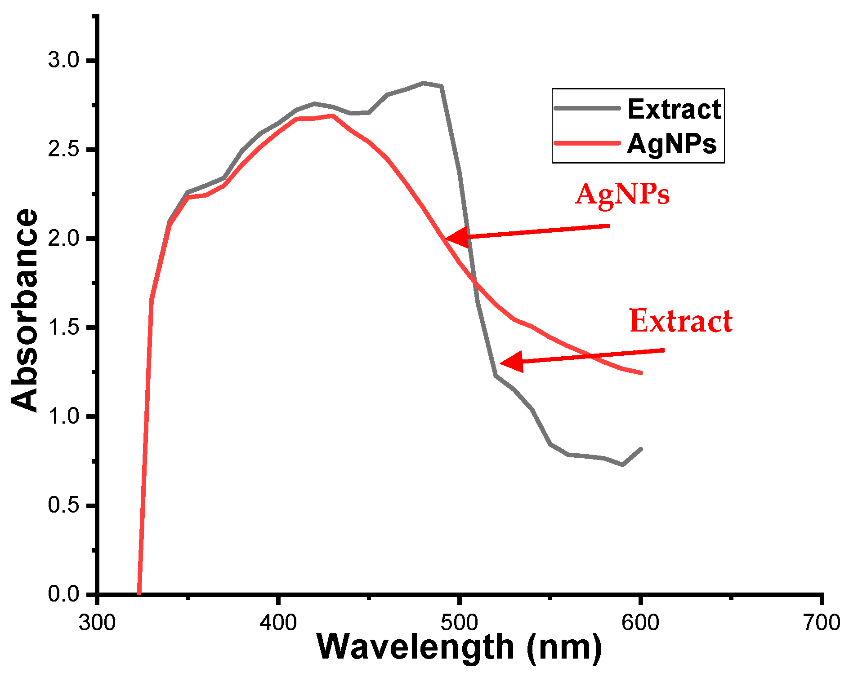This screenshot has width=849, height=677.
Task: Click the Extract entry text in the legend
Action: pos(674,109)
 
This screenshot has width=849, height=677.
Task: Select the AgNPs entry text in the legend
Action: pos(672,144)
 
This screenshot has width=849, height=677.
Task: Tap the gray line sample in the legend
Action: pos(587,108)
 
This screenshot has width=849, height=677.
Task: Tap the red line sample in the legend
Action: pos(587,143)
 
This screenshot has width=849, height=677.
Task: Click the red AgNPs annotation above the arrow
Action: pos(622,195)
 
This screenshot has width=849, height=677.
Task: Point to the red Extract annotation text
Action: pos(681,321)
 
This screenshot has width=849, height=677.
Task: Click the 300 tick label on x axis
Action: pos(97,623)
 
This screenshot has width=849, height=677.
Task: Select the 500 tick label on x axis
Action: pos(459,623)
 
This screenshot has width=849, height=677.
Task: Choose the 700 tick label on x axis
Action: pos(821,623)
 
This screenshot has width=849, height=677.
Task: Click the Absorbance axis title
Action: pos(25,310)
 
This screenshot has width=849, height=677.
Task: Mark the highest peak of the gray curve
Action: pos(424,83)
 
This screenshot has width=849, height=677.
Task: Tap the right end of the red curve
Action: pos(640,372)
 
